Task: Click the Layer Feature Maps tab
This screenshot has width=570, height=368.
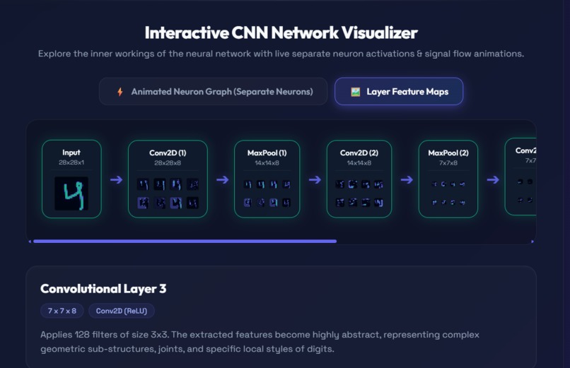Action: (399, 91)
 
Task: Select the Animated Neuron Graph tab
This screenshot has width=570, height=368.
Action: (213, 91)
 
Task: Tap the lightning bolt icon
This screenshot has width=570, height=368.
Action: (120, 92)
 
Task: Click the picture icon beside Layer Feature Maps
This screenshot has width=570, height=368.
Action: (355, 92)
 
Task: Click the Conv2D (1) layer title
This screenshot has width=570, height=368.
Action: (168, 153)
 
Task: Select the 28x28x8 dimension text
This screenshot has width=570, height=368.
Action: (168, 163)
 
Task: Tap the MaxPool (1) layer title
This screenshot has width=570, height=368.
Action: (267, 153)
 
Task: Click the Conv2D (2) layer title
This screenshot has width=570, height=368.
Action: (359, 153)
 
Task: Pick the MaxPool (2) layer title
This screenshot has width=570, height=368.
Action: (448, 153)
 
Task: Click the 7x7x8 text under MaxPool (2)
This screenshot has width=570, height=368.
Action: (448, 163)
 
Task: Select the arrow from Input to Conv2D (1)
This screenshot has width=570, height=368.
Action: (116, 179)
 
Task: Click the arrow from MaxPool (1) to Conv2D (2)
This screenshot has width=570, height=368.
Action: (315, 179)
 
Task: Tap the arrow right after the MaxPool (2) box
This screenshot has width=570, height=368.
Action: (493, 179)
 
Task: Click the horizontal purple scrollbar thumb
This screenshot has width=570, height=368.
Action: (185, 241)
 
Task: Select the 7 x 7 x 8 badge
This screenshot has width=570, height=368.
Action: (62, 311)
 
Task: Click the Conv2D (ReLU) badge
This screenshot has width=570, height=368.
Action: (122, 311)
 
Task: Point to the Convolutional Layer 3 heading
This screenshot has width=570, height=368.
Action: (103, 289)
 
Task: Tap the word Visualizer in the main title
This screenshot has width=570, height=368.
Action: (380, 33)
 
